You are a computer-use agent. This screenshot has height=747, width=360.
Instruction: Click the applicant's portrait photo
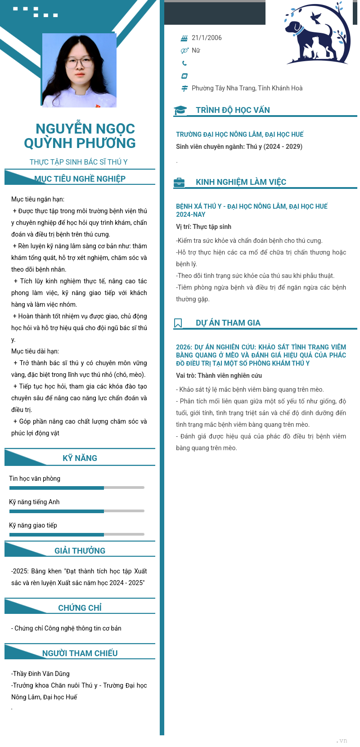tap(79, 70)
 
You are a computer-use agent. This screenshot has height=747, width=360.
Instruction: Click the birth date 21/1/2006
tap(207, 38)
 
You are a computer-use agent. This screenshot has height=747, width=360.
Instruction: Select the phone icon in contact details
tap(184, 63)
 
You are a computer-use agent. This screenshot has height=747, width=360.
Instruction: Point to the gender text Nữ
tap(196, 50)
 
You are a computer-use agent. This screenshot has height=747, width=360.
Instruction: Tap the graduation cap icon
tap(180, 110)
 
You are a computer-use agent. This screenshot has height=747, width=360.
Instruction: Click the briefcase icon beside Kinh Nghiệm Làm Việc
tap(179, 182)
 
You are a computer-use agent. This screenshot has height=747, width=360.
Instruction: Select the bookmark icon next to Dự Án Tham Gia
tap(178, 323)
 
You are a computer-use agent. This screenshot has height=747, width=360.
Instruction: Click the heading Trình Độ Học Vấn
tap(233, 110)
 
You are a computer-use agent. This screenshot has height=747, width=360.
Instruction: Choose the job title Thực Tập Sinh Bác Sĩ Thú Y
tap(79, 162)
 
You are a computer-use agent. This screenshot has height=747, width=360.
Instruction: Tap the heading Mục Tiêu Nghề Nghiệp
tap(80, 179)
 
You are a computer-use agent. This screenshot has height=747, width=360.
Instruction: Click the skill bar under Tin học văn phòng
tap(76, 488)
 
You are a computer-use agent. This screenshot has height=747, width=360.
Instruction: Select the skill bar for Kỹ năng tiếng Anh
tap(76, 511)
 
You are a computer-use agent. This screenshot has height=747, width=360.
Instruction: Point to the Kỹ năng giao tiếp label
tap(33, 525)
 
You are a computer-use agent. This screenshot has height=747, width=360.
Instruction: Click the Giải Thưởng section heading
tap(80, 550)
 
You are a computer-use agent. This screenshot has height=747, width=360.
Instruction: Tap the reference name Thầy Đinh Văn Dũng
tap(41, 674)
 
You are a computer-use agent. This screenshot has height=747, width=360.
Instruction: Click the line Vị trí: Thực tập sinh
tap(203, 227)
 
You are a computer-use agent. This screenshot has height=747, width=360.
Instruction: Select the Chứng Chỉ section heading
tap(80, 608)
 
